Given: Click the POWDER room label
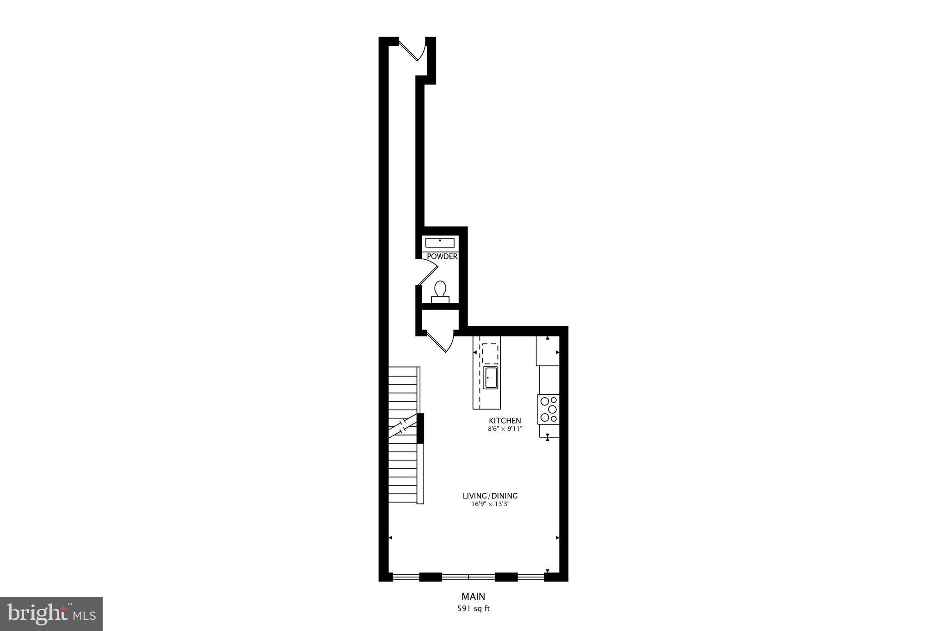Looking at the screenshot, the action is [442, 257].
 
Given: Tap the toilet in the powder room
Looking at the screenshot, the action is [440, 292].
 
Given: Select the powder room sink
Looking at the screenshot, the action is [440, 243].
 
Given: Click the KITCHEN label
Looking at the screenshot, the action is [505, 421].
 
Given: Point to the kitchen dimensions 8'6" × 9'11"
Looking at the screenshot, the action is [505, 429].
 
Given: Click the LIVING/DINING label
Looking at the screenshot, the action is [490, 496].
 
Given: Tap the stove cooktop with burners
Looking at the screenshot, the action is [548, 409].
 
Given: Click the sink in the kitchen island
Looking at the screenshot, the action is [490, 377].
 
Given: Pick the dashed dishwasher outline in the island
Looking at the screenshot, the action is [490, 353].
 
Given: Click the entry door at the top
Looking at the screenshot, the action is [412, 49].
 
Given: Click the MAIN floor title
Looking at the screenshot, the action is [473, 596].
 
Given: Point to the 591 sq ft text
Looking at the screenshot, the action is [473, 609].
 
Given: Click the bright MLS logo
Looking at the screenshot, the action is [51, 614].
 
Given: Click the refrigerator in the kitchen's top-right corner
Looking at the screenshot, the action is [548, 350].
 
